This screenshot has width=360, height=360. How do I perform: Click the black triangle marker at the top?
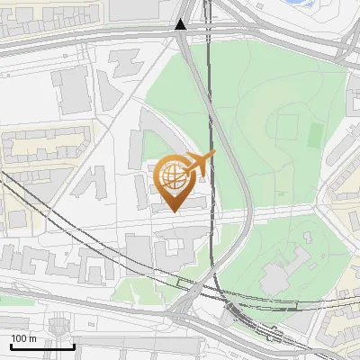click(181, 24)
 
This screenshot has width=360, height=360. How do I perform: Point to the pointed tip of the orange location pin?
click(174, 211)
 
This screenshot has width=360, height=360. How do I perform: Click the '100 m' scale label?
click(22, 338)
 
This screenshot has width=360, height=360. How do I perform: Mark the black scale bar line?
click(41, 346)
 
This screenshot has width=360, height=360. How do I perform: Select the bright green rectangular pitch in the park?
click(315, 135)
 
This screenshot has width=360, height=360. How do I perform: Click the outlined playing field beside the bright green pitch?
click(287, 126)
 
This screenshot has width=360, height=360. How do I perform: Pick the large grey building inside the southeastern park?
click(286, 270)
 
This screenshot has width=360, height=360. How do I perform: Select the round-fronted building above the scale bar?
click(59, 325)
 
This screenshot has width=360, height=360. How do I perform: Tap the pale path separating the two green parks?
click(270, 213)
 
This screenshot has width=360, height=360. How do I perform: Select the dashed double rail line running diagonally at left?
click(54, 216)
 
